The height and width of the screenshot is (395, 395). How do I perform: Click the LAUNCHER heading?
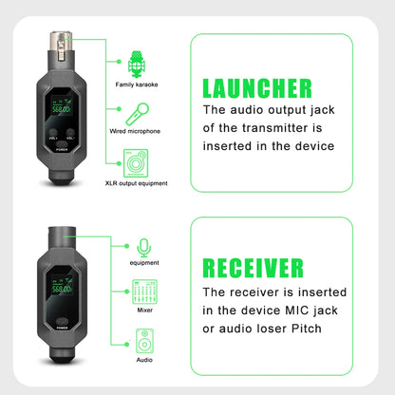click(256, 88)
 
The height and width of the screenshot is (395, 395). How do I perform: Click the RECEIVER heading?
click(254, 267)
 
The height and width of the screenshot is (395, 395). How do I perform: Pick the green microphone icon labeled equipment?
click(144, 246)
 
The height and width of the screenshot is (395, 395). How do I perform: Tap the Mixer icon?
click(144, 292)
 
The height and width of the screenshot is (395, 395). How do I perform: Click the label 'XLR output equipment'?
click(136, 184)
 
